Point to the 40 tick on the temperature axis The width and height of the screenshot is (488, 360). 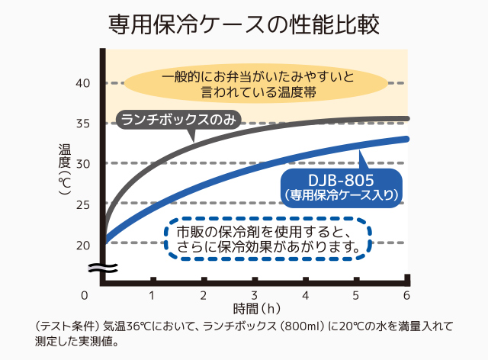coord(83,82)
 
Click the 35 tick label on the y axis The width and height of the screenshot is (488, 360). coord(83,123)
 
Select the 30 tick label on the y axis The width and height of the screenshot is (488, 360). coord(83,163)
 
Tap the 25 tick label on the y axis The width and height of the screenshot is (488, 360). coord(83,204)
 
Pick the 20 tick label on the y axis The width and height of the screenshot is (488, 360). coord(83,244)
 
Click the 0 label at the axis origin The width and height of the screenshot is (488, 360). coord(85,294)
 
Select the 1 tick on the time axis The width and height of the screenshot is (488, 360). coord(152,294)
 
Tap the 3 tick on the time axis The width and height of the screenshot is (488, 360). coord(255,294)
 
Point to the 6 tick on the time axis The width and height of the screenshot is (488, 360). coord(407,294)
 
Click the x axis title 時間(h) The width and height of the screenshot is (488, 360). coord(255,309)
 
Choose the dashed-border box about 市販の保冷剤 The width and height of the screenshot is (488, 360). coord(267,239)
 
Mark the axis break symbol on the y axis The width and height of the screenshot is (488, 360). coord(101,267)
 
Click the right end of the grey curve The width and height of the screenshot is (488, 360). coord(408,119)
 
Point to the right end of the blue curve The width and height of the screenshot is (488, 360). coord(408,139)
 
